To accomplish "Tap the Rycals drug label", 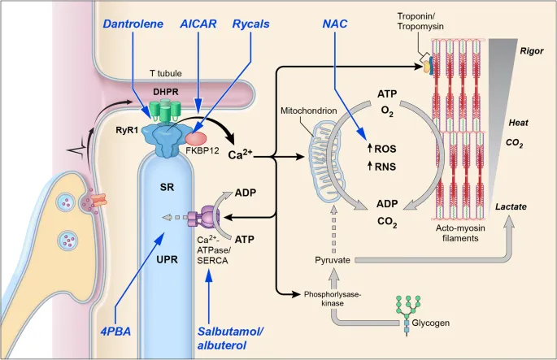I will click(x=252, y=24).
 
